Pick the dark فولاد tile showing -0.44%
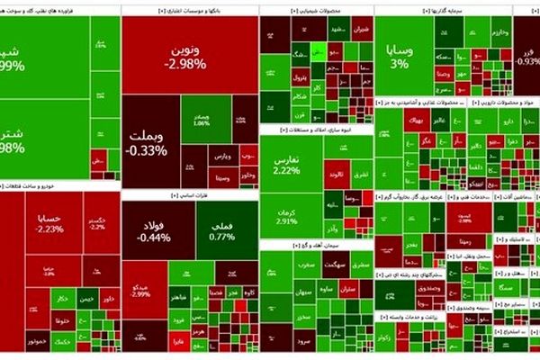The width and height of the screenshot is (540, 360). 154,230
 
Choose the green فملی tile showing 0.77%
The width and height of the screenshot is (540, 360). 221,230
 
